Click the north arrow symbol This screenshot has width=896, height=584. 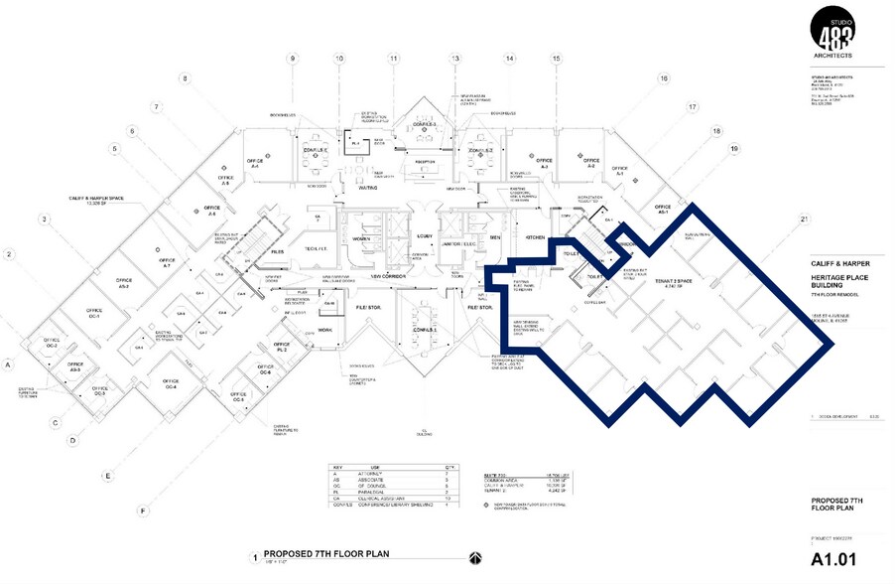pyautogui.click(x=474, y=556)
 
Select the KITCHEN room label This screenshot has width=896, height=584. pyautogui.click(x=536, y=237)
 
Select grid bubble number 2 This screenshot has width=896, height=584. pyautogui.click(x=9, y=255)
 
